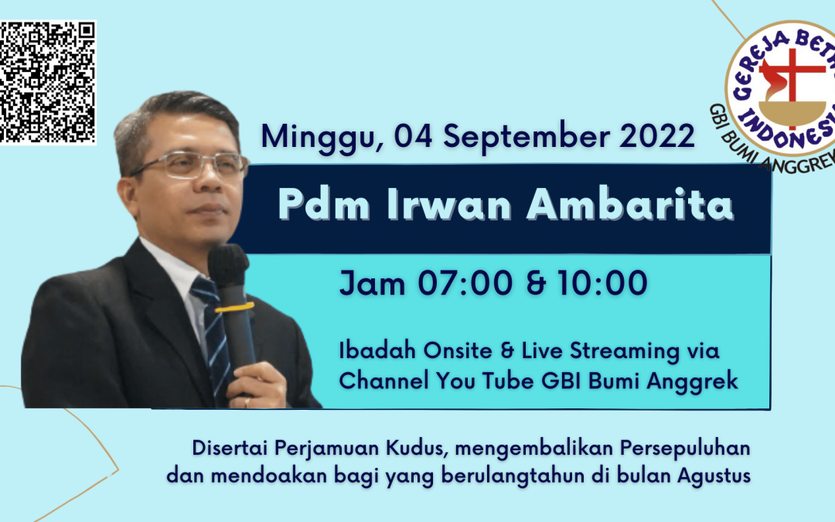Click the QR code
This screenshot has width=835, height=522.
click(47, 82)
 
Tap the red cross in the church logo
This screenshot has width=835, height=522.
click(792, 80)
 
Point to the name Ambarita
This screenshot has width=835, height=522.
click(630, 204)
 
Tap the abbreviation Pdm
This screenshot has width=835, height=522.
click(324, 204)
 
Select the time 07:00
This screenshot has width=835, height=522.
click(465, 283)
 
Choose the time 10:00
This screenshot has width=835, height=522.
click(602, 283)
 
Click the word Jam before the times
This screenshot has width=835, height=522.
click(373, 283)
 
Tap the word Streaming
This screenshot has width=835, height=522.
click(625, 352)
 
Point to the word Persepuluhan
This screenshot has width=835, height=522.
click(685, 449)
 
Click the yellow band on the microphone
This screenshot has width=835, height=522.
click(234, 308)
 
